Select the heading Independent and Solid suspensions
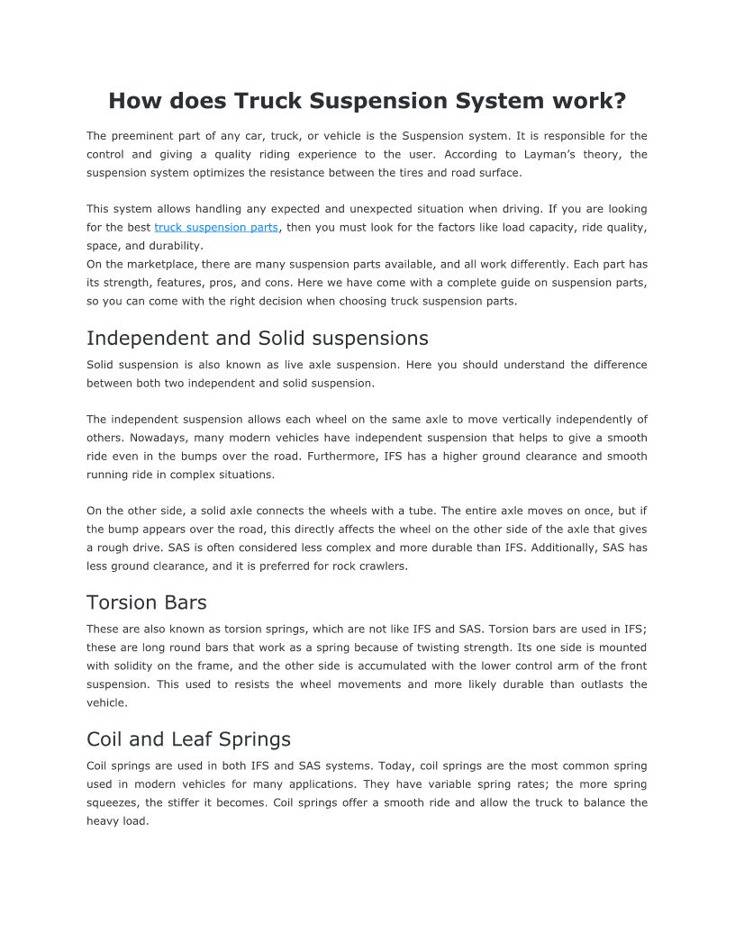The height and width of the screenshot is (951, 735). [x=258, y=339]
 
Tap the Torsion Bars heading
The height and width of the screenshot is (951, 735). [x=147, y=602]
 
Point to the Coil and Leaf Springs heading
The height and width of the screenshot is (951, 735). [x=188, y=739]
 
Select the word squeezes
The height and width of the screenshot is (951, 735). [x=113, y=802]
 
